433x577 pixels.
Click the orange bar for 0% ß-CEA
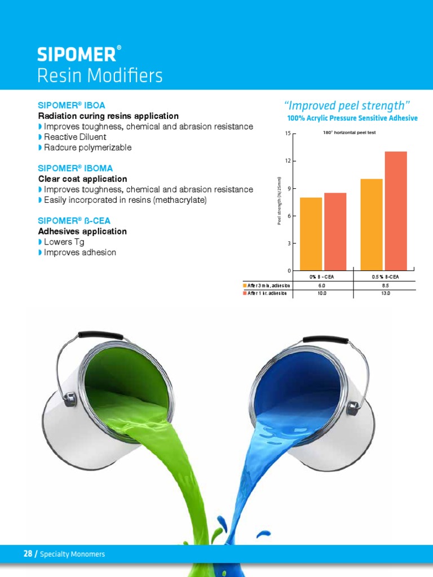click(x=311, y=234)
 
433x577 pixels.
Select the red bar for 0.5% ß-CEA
click(x=395, y=211)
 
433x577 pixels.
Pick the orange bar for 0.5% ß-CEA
click(x=371, y=225)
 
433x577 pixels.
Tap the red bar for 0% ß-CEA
click(x=335, y=232)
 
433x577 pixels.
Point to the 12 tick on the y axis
click(x=288, y=161)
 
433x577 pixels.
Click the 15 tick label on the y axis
click(x=288, y=134)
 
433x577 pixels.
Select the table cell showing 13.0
click(x=385, y=293)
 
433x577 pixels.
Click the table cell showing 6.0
click(x=322, y=286)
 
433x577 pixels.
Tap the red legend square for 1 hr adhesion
click(x=245, y=293)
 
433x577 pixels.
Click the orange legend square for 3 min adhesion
click(x=245, y=286)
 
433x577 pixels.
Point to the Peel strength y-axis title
click(x=279, y=201)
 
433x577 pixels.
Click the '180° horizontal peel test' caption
click(x=348, y=132)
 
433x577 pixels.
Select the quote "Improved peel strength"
click(x=345, y=105)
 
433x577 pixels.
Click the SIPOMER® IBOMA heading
click(x=75, y=168)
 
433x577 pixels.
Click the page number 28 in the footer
click(x=28, y=554)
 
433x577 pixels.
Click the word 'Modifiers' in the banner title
click(x=125, y=76)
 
